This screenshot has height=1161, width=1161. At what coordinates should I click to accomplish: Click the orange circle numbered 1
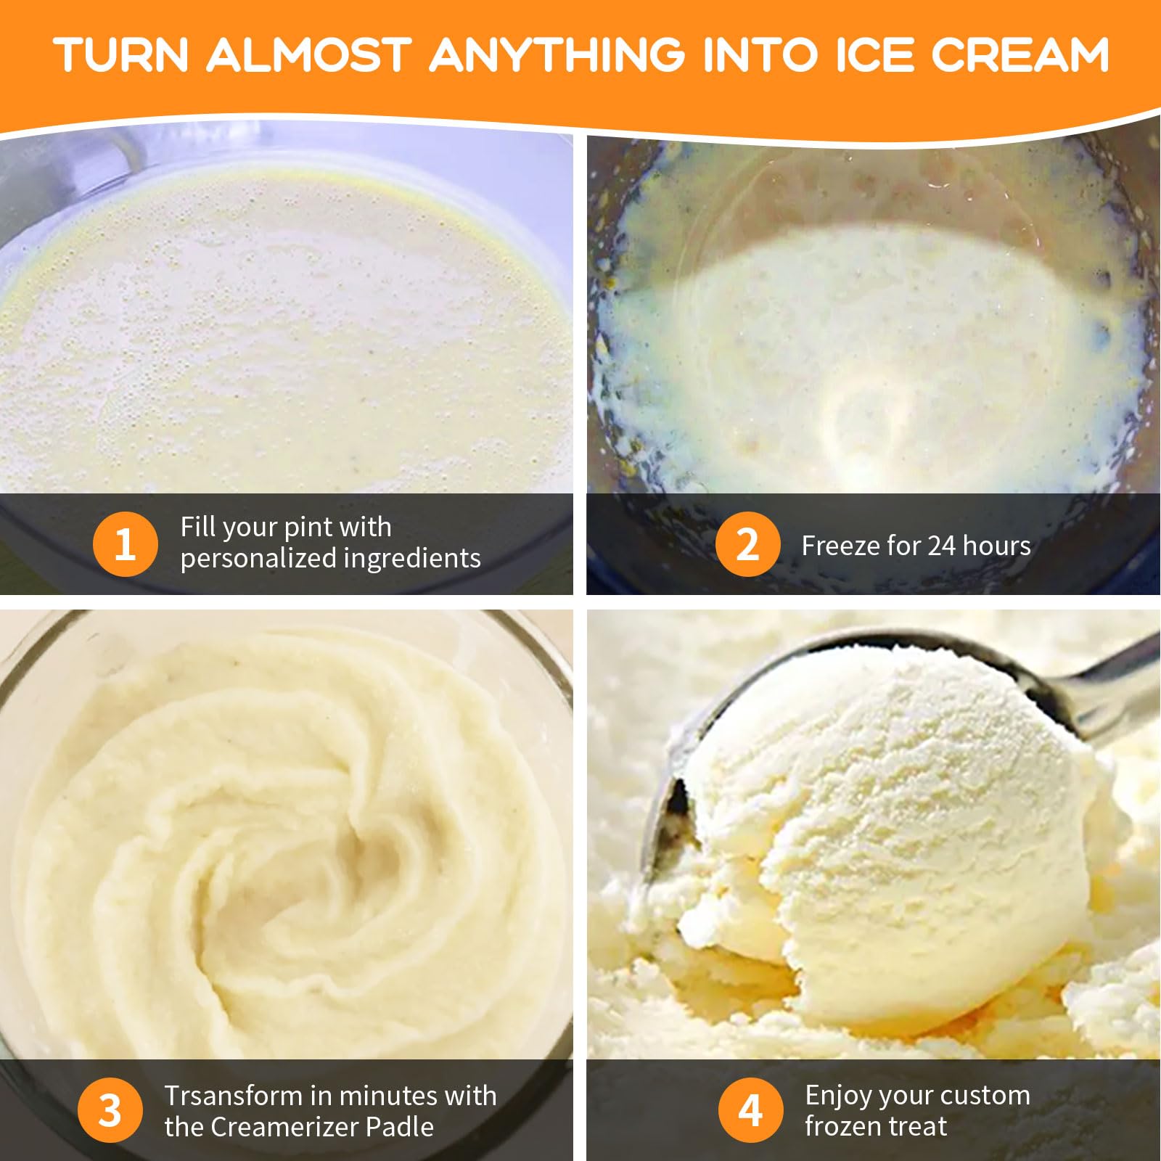[x=125, y=543]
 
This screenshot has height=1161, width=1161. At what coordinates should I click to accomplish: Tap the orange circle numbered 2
[x=747, y=543]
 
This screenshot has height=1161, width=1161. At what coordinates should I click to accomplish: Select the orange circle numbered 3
[x=110, y=1110]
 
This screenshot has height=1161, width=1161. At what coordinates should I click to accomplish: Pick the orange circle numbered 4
[x=750, y=1110]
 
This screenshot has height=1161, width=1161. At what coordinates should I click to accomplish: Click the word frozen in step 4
[x=842, y=1126]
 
